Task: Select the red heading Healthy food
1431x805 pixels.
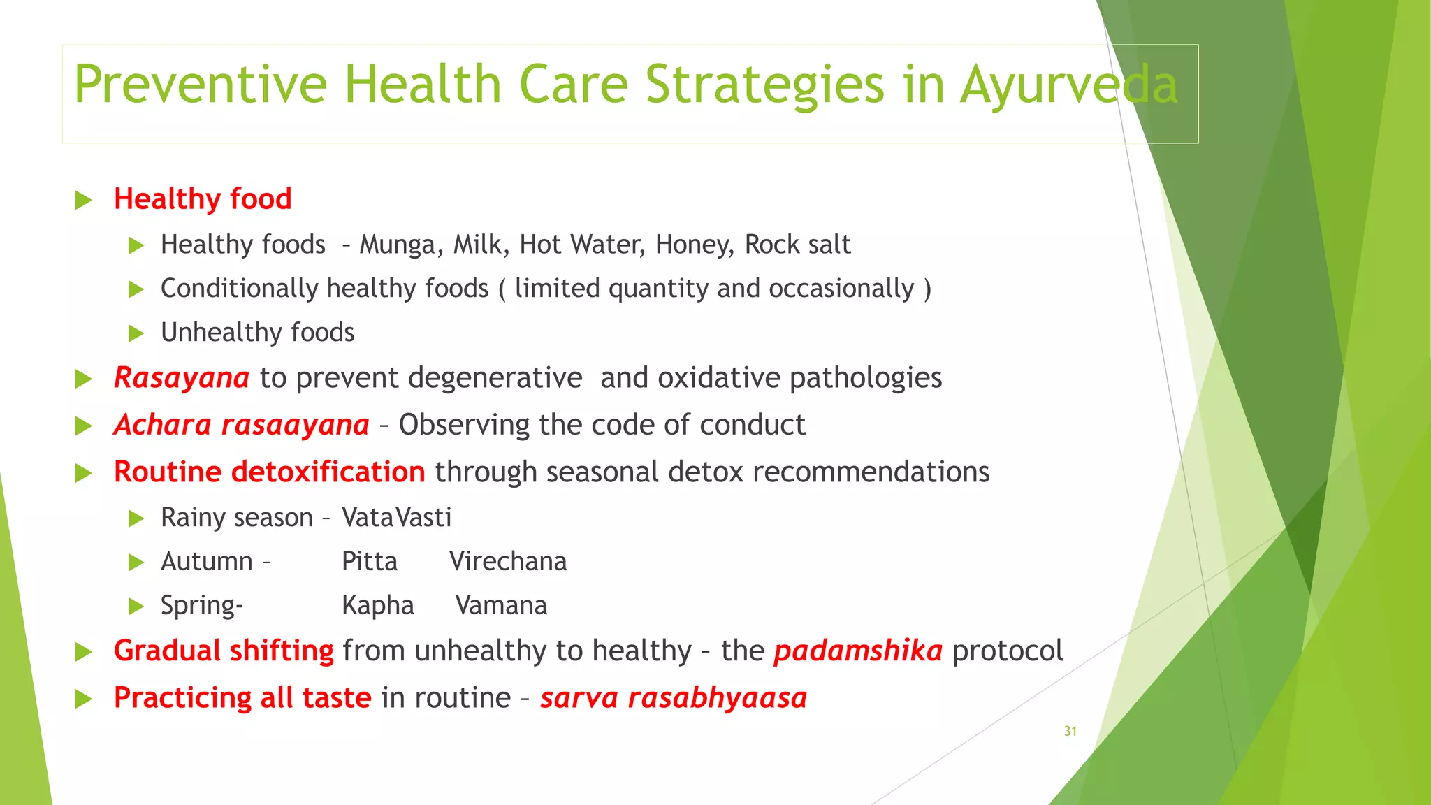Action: pos(203,199)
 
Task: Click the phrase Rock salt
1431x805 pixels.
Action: pos(797,245)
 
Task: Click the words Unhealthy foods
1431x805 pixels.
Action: pos(257,333)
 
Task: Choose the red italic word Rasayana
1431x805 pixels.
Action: pos(182,378)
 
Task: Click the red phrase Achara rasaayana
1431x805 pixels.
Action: pos(242,425)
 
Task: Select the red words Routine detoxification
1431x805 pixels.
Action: pos(269,472)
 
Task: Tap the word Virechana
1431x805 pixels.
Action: pos(508,562)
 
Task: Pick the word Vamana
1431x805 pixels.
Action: pos(501,606)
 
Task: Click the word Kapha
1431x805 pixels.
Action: pos(378,606)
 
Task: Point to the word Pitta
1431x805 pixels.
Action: pos(370,562)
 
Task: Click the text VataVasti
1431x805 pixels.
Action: pos(397,518)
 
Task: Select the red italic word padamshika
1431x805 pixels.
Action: pos(858,651)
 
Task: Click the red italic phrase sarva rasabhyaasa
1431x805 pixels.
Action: pos(674,698)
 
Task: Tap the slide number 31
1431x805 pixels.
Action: pos(1070,732)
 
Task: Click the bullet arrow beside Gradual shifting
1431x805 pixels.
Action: pos(84,652)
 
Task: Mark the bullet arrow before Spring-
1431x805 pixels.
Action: pos(136,607)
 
